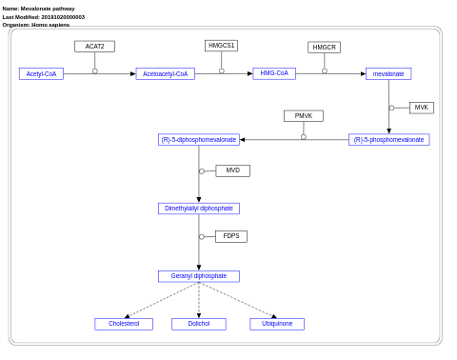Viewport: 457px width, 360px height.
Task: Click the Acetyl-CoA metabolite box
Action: pos(41,73)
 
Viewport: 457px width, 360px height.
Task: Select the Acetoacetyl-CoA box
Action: pos(165,73)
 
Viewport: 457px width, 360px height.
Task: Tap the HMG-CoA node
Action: pos(274,73)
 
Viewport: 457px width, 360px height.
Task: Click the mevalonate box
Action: pos(388,73)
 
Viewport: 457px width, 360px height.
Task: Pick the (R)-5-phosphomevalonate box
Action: pos(388,140)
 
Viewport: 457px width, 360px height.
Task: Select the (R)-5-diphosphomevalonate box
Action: pos(199,140)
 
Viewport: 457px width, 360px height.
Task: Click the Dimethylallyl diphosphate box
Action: pos(199,209)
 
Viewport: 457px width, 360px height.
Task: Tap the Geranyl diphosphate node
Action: pos(199,276)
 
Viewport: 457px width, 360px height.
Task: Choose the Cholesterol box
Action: pos(124,324)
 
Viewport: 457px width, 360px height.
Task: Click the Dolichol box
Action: pos(199,324)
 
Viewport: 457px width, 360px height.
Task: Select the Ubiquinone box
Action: pos(277,324)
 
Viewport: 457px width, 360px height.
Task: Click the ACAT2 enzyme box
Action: pos(94,46)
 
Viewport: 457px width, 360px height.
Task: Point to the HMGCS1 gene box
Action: pos(221,46)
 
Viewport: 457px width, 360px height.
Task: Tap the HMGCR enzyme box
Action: pos(324,47)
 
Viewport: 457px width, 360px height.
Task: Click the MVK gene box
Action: pos(421,108)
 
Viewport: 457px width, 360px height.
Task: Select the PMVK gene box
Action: pos(304,116)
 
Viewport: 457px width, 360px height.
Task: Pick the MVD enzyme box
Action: pos(232,170)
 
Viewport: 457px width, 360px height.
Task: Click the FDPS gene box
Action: pos(231,236)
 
